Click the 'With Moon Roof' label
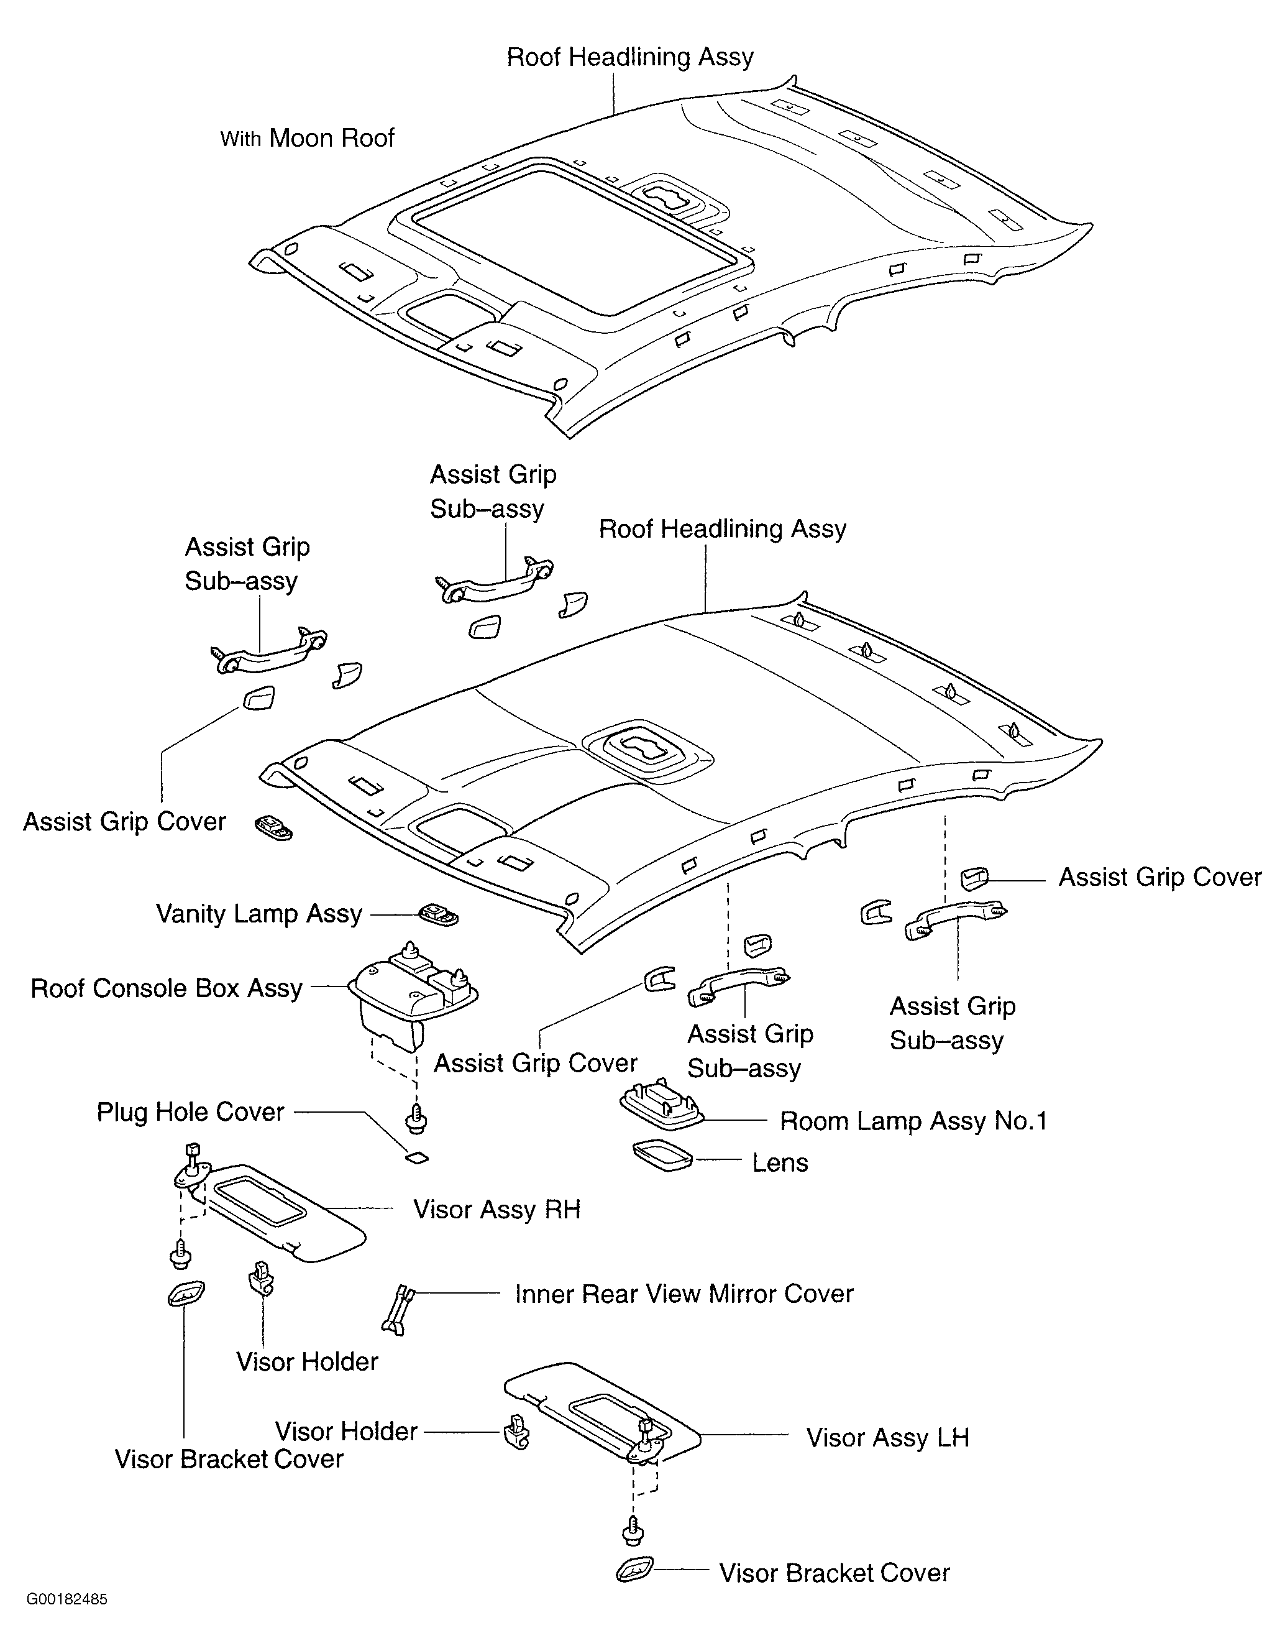[x=307, y=139]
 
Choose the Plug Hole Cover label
[x=191, y=1111]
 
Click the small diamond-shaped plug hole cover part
[x=416, y=1157]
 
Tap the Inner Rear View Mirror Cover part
[x=398, y=1309]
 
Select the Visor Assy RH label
[x=496, y=1209]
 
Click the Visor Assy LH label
[x=887, y=1437]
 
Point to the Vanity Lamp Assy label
[x=259, y=913]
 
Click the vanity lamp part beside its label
[x=439, y=914]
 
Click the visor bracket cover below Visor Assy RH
[x=185, y=1294]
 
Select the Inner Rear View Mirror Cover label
[x=684, y=1294]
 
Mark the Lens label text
[x=780, y=1162]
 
